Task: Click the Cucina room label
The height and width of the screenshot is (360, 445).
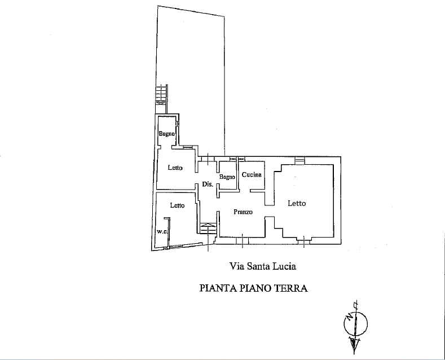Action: pos(252,174)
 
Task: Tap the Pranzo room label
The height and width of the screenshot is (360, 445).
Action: pos(243,212)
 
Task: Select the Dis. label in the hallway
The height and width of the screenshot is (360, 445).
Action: pos(208,184)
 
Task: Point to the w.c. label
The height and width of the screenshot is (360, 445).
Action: pos(162,231)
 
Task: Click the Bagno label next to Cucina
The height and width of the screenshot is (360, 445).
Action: pos(227,177)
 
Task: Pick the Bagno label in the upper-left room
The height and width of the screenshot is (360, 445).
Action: pos(166,133)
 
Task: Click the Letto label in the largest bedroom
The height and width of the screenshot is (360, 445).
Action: pos(297,203)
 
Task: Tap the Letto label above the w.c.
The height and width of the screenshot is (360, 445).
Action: pos(177,205)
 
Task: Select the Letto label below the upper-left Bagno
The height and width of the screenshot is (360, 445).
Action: pos(175,168)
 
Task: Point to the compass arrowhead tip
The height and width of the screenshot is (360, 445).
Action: pos(354,354)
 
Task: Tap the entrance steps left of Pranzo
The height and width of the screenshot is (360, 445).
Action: pos(208,229)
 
